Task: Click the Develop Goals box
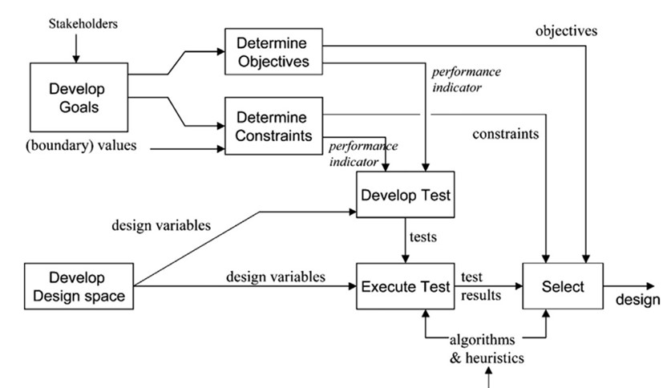point(78,97)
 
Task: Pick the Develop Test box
point(406,195)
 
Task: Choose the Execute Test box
point(406,286)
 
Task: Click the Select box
point(562,286)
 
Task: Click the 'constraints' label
point(505,134)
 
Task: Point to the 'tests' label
point(423,238)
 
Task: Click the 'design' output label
point(638,299)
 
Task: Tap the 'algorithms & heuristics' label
point(487,350)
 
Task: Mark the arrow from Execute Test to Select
point(488,286)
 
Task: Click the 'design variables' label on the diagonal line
point(161,225)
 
